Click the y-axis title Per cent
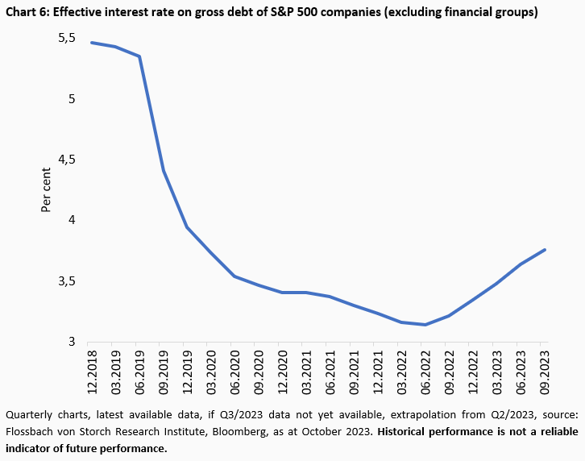(x=46, y=190)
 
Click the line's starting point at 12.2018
(x=90, y=43)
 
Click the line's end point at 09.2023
(x=546, y=250)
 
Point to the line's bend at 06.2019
(x=140, y=56)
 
